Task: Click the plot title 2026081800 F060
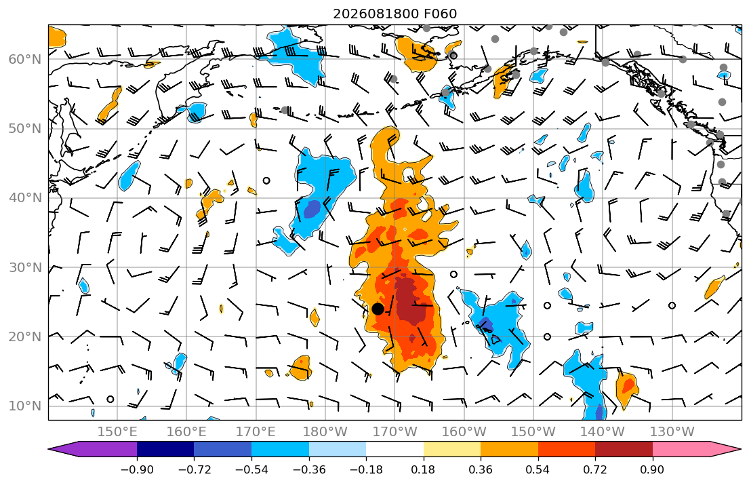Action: (x=394, y=14)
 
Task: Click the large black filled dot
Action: (x=378, y=309)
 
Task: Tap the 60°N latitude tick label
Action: (x=25, y=59)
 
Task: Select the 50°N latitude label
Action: (x=25, y=129)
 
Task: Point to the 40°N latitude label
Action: (x=25, y=198)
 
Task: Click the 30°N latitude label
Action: (x=25, y=267)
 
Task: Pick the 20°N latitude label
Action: (x=25, y=336)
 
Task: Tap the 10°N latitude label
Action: (x=25, y=406)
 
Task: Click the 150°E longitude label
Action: (x=117, y=432)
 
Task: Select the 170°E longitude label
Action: (x=256, y=432)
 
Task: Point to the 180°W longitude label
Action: (x=325, y=432)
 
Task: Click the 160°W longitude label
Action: (x=464, y=432)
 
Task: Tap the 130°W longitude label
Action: (x=672, y=432)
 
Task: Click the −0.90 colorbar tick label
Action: (x=137, y=470)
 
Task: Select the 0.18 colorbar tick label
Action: (x=423, y=470)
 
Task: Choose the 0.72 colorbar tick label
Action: (x=595, y=470)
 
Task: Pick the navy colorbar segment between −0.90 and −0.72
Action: (x=165, y=449)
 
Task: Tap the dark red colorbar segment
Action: (x=624, y=449)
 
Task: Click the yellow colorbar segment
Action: (x=452, y=449)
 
